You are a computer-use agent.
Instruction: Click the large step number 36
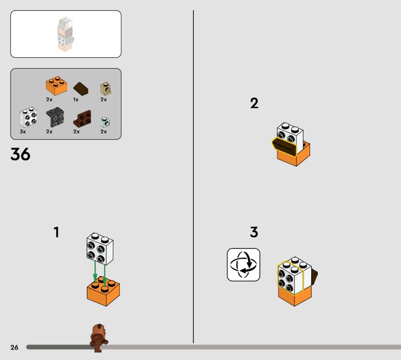pos(20,154)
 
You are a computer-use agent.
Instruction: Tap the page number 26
pos(15,347)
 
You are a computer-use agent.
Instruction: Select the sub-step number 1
pos(57,232)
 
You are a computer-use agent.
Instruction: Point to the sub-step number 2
pos(254,103)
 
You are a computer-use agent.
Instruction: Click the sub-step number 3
pos(254,232)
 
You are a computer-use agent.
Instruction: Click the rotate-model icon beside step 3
pos(244,265)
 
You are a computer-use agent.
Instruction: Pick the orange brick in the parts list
pos(57,85)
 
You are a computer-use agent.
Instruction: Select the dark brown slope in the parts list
pos(81,88)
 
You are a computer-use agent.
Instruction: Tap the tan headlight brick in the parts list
pos(106,89)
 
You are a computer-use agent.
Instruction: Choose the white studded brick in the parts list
pos(28,117)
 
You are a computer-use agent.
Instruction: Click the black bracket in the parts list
pos(55,117)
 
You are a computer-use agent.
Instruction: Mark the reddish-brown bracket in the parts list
pos(82,118)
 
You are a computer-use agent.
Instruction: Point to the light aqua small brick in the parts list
pos(105,122)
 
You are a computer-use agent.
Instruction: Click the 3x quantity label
pos(23,131)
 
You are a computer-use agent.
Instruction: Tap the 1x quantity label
pos(76,100)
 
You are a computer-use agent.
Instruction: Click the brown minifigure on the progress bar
pos(99,338)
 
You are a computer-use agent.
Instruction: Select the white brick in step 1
pos(100,249)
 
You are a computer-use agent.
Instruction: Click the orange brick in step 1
pos(103,291)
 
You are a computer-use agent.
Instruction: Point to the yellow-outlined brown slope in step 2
pos(284,146)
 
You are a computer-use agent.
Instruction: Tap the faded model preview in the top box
pos(66,34)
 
